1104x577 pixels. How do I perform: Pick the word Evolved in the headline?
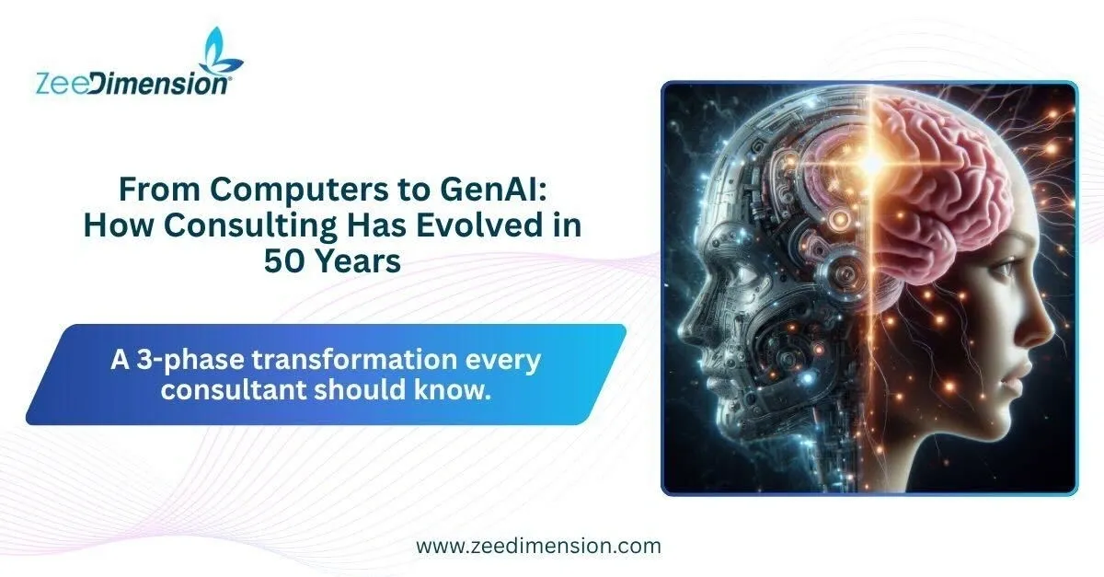pyautogui.click(x=470, y=225)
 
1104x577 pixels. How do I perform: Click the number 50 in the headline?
pyautogui.click(x=283, y=261)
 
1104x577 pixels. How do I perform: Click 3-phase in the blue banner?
pyautogui.click(x=190, y=361)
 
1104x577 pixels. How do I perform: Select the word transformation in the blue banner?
pyautogui.click(x=355, y=360)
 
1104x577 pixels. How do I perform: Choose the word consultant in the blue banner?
pyautogui.click(x=233, y=389)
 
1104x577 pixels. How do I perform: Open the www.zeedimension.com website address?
pyautogui.click(x=539, y=546)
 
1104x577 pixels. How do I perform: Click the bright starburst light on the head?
pyautogui.click(x=871, y=163)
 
